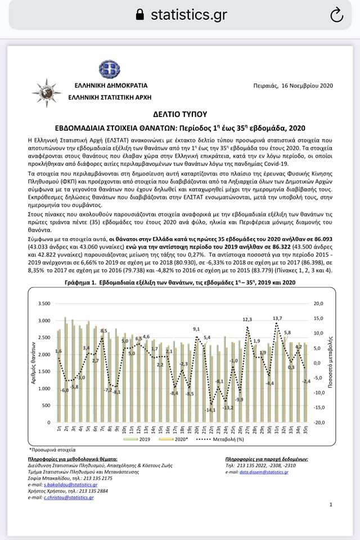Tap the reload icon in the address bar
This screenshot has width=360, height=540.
336,15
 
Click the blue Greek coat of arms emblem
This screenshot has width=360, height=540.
109,70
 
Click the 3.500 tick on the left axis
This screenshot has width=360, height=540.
43,304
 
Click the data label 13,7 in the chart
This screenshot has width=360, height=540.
277,318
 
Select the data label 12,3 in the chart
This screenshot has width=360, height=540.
247,319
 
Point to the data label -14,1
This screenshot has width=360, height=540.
210,409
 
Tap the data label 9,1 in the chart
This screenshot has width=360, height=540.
196,329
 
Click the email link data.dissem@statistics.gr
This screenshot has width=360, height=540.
263,472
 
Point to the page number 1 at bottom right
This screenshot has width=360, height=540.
331,505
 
